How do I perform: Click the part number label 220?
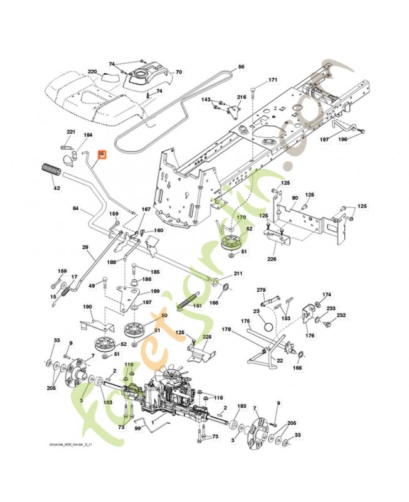click(92, 72)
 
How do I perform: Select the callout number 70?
click(178, 72)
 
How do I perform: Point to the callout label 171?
click(272, 80)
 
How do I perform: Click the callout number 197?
click(324, 139)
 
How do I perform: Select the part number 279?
click(262, 289)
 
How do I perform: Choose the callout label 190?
click(87, 307)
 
